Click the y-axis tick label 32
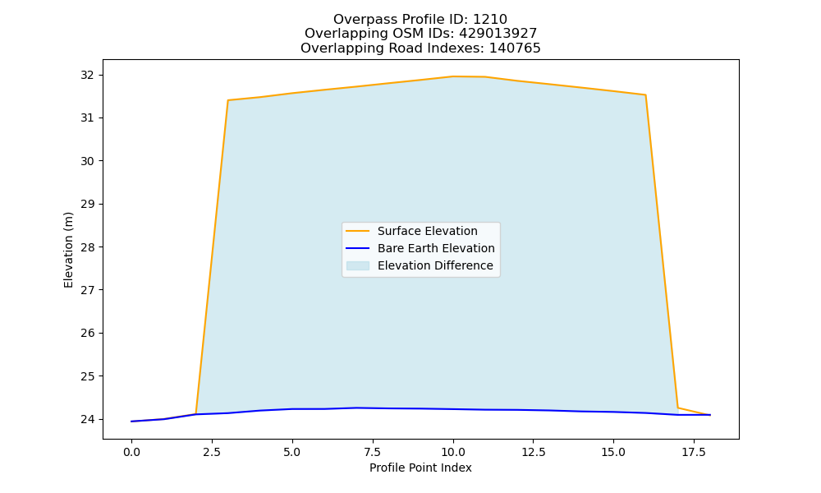coord(87,75)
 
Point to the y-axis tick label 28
coord(87,246)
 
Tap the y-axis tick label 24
coord(87,419)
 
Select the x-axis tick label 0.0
coord(131,452)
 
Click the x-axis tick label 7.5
coord(372,452)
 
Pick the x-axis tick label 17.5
coord(694,452)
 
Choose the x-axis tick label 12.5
coord(533,452)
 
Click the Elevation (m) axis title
coord(68,250)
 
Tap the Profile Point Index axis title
coord(420,468)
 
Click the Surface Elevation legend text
coord(427,231)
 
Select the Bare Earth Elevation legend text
coord(436,248)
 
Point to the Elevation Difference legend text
coord(435,265)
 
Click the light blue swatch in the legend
coord(358,265)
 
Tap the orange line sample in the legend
coord(358,231)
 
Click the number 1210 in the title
coord(490,20)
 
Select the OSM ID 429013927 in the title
coord(498,34)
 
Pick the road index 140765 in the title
coord(515,48)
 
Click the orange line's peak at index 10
coord(453,76)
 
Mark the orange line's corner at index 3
coord(227,100)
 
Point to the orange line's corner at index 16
coord(645,94)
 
